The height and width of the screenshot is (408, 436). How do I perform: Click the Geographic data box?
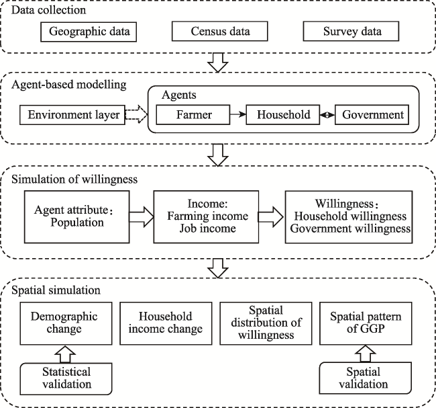click(x=89, y=32)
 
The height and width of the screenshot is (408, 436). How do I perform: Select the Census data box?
click(x=219, y=31)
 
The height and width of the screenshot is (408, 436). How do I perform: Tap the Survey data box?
click(x=351, y=31)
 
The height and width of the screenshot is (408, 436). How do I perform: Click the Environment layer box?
click(x=72, y=115)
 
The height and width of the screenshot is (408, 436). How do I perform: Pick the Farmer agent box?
click(x=193, y=114)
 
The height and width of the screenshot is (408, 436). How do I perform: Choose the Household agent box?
click(x=283, y=114)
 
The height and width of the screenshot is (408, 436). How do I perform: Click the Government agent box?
click(x=372, y=114)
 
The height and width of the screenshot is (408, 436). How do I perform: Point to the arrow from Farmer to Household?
click(x=238, y=114)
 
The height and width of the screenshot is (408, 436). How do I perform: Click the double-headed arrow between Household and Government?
click(x=327, y=114)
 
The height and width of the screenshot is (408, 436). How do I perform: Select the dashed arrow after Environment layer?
click(x=136, y=114)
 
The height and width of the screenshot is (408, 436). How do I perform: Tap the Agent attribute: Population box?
click(x=76, y=217)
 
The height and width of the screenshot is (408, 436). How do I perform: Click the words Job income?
click(x=207, y=229)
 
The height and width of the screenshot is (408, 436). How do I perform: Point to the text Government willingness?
click(x=350, y=229)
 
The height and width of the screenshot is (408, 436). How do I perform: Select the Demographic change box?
click(x=66, y=323)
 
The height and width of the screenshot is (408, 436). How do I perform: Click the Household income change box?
click(x=166, y=323)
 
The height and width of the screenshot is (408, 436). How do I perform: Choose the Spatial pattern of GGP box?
click(x=366, y=323)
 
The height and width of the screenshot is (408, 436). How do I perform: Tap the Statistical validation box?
click(x=66, y=378)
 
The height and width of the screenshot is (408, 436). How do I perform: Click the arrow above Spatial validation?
click(x=366, y=354)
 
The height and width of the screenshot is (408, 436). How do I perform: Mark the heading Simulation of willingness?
click(x=74, y=179)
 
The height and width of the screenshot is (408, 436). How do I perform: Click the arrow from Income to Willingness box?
click(x=271, y=216)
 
